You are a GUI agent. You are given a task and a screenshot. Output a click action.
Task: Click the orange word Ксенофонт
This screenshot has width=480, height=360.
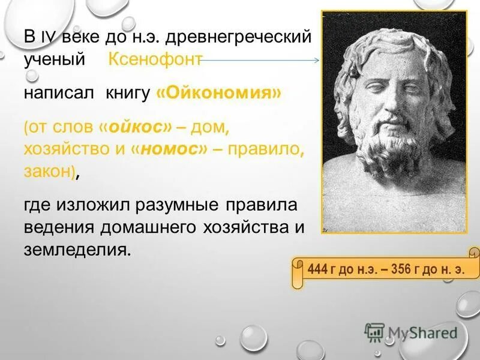pyautogui.click(x=154, y=59)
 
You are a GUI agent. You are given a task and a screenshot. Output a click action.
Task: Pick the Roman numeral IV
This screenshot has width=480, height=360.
pyautogui.click(x=47, y=37)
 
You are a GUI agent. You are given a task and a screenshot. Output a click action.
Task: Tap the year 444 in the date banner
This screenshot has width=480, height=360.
pyautogui.click(x=317, y=268)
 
